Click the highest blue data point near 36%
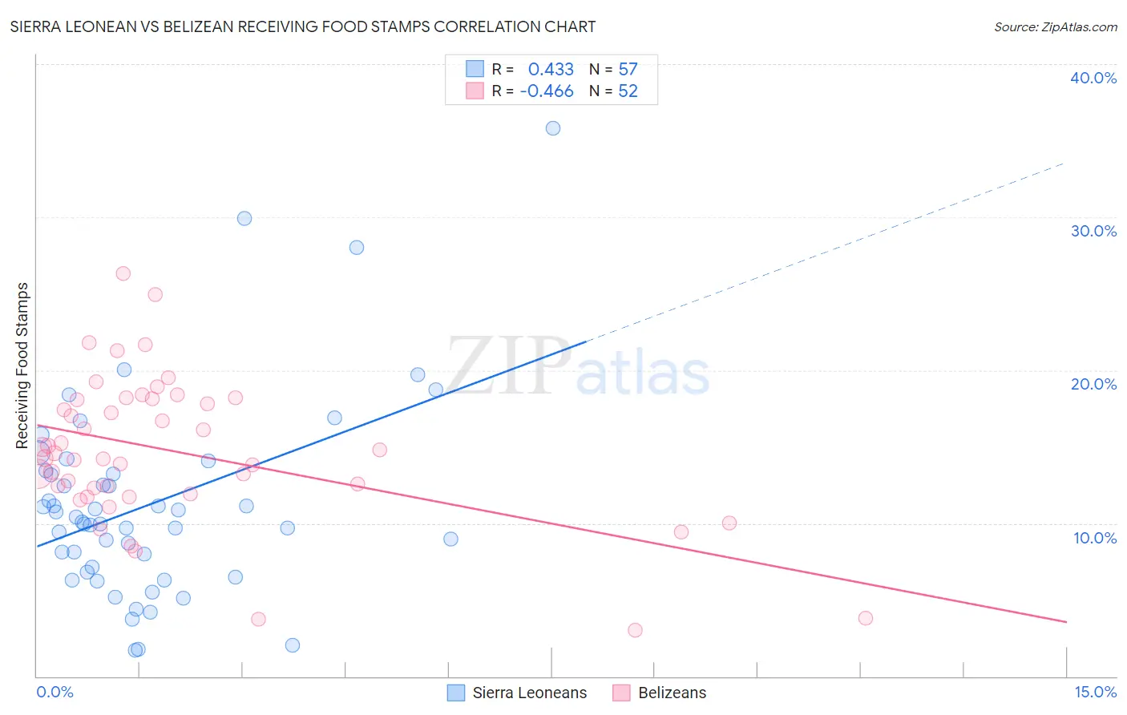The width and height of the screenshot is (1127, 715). pos(553,128)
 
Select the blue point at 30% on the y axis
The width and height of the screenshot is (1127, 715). pos(244,218)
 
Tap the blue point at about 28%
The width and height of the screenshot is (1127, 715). pos(357,248)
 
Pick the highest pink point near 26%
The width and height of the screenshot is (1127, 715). pos(123,273)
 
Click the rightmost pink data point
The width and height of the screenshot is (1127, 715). pos(866,618)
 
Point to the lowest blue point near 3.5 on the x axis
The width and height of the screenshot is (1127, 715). pos(293,645)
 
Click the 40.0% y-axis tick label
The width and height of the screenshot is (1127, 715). pos(1093,78)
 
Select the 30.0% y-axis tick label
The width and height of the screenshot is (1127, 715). pos(1093,231)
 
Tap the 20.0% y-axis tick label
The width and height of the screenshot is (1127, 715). pos(1093,384)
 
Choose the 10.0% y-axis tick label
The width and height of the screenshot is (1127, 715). pos(1095,538)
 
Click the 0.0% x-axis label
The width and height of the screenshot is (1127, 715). pos(55,693)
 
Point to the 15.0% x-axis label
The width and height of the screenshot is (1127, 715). pos(1095,693)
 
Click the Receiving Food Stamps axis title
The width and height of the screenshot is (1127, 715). pos(22,366)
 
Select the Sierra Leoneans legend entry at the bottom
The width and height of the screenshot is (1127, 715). pos(529,693)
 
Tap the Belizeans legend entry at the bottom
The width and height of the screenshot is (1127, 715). pos(672,693)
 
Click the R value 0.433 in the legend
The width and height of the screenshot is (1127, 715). pos(551,69)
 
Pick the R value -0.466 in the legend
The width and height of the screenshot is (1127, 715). pos(547,91)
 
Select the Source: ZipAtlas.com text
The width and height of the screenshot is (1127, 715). pos(1055,27)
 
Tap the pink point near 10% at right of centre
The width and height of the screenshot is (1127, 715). pos(729,523)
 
